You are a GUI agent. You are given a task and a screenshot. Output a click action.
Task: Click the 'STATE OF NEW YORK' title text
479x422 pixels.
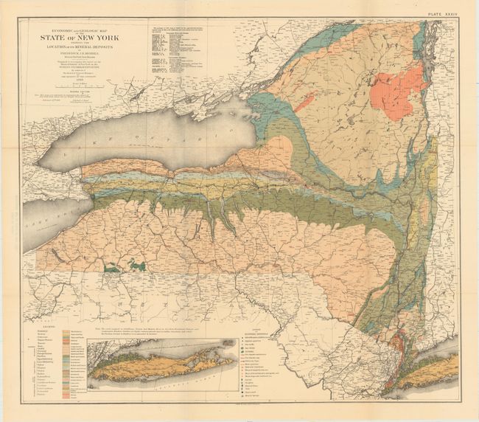pos(89,42)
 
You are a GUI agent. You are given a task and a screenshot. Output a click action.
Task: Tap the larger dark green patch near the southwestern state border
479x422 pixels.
pos(136,264)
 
